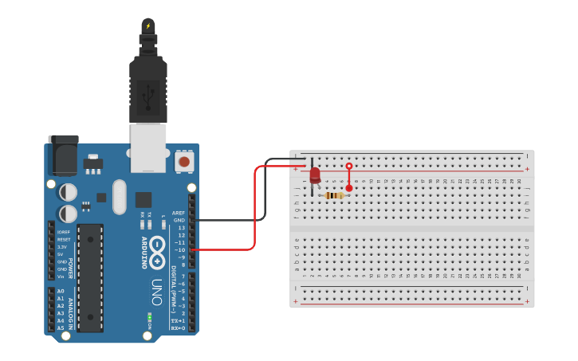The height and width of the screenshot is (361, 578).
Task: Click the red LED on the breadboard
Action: (315, 175)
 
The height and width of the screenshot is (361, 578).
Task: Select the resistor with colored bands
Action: (336, 195)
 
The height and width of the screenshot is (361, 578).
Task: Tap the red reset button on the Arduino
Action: (184, 162)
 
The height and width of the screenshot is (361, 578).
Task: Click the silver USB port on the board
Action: (148, 147)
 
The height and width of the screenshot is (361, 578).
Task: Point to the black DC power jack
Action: (64, 155)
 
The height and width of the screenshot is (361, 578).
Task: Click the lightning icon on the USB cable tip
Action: (147, 26)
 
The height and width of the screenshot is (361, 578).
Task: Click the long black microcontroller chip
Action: (90, 277)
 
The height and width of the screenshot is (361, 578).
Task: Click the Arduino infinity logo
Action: (158, 247)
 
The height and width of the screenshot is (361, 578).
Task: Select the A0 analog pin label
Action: (61, 291)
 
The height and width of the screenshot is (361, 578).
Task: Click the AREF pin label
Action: (179, 214)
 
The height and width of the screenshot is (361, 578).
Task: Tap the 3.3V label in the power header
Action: (63, 247)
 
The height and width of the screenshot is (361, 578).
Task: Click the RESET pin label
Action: (64, 239)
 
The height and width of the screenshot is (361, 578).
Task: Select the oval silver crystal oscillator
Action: (120, 197)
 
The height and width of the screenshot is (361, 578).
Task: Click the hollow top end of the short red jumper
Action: (348, 166)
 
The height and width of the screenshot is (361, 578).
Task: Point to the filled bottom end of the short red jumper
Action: (348, 188)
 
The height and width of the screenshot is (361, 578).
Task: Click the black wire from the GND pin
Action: (239, 220)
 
